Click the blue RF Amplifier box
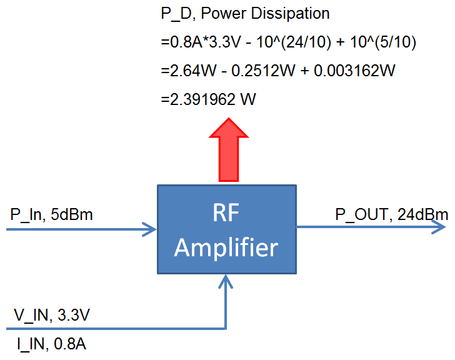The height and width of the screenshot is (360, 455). click(x=226, y=229)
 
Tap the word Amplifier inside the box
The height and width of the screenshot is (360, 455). click(x=226, y=248)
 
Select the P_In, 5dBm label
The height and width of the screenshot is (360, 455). click(x=51, y=216)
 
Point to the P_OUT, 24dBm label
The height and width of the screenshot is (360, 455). click(x=391, y=216)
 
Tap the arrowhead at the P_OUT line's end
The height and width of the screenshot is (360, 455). click(x=441, y=229)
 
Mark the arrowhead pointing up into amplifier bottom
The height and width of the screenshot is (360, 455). click(x=226, y=281)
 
